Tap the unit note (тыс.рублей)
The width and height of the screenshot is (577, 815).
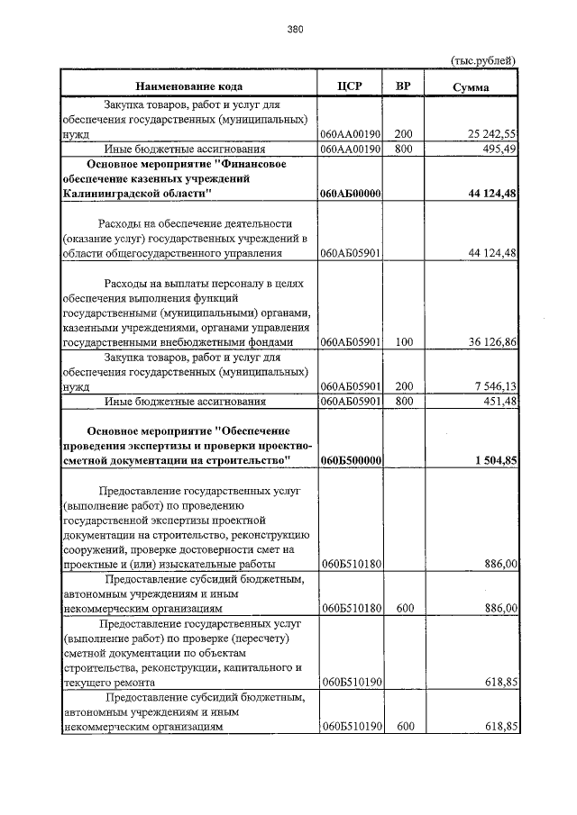pyautogui.click(x=482, y=60)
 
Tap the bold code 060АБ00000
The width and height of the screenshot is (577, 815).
pyautogui.click(x=352, y=194)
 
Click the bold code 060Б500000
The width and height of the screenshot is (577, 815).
pyautogui.click(x=352, y=460)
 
